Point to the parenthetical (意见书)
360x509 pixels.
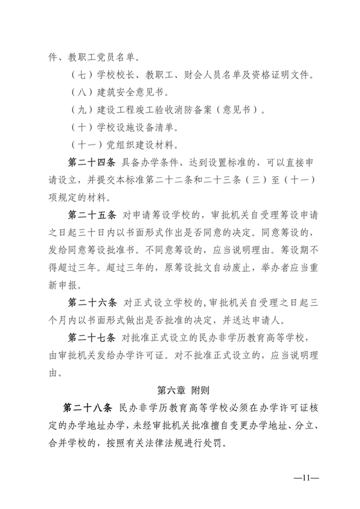[237, 111]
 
